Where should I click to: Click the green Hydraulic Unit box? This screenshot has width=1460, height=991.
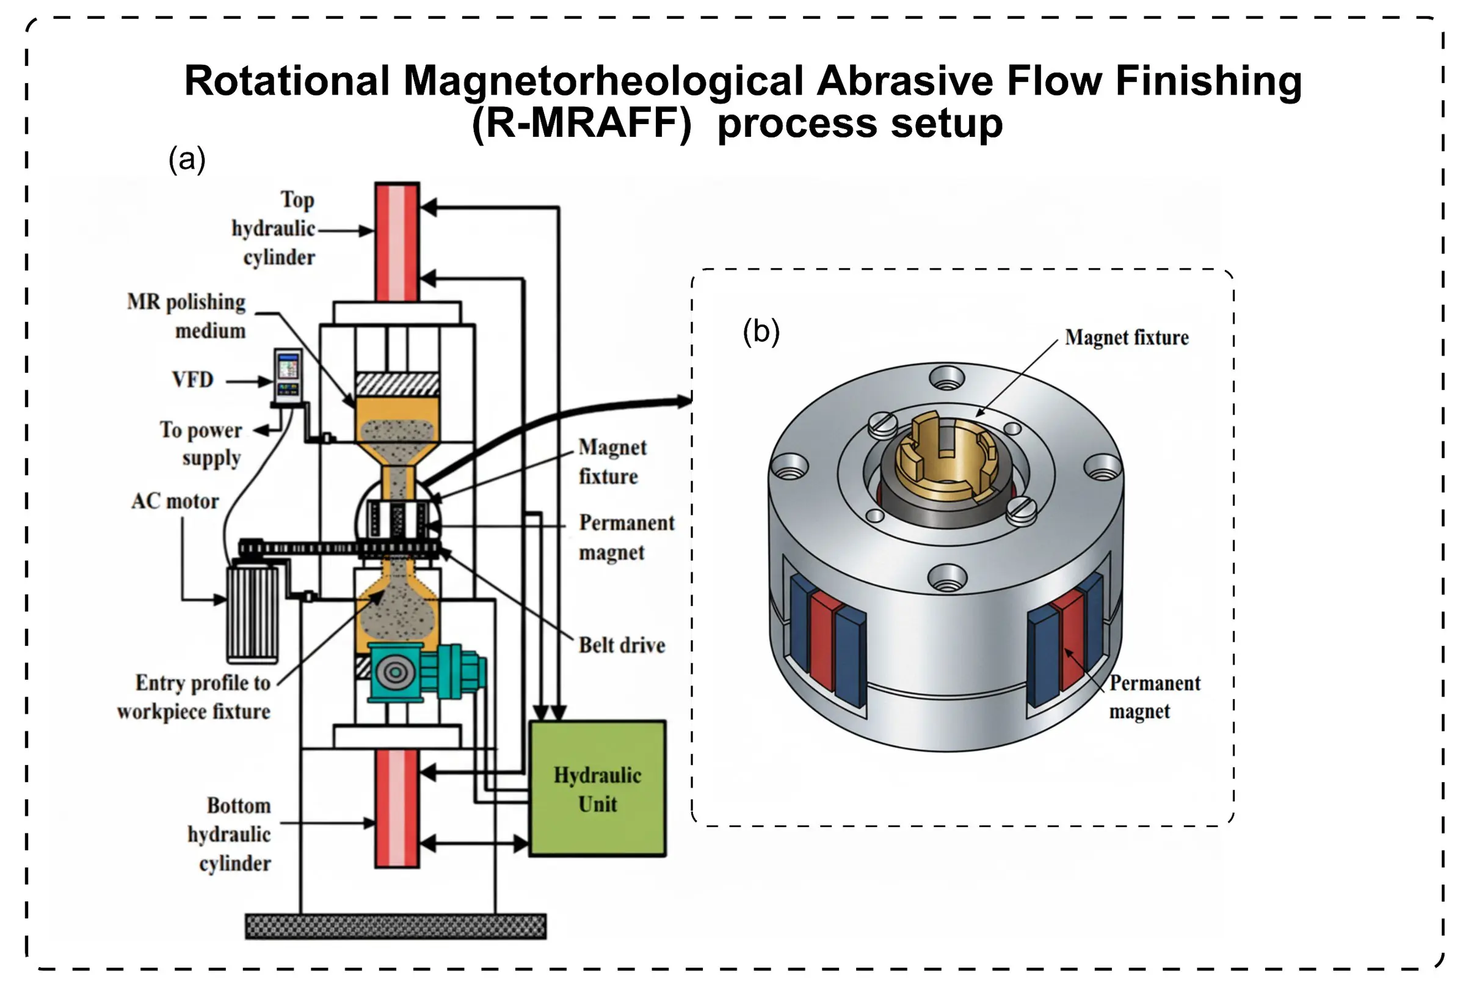[x=597, y=789]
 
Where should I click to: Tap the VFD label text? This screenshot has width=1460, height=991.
[x=192, y=379]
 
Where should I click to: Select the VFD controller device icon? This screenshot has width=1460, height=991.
[x=288, y=375]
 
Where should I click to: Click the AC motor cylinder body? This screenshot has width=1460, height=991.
[x=253, y=613]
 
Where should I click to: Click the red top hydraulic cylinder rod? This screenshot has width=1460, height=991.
[x=397, y=242]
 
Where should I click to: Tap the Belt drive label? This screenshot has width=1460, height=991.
[x=622, y=645]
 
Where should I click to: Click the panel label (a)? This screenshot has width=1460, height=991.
[x=187, y=159]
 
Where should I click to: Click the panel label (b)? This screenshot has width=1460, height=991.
[x=761, y=331]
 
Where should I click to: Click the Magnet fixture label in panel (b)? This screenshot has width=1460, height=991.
[x=1127, y=337]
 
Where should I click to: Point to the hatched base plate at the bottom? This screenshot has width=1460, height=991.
[x=395, y=926]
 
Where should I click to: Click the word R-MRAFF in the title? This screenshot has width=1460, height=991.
[x=581, y=123]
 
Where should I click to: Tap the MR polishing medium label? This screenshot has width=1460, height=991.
[x=187, y=316]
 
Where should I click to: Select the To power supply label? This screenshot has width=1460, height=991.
[x=201, y=444]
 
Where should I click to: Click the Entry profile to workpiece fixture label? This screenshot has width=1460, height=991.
[x=194, y=697]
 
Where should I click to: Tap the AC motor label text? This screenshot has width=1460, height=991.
[x=175, y=501]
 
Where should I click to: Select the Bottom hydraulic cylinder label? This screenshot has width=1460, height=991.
[x=230, y=834]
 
